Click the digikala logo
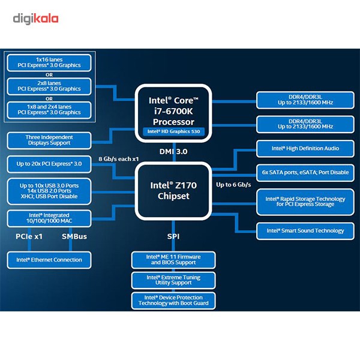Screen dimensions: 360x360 coord(36,19)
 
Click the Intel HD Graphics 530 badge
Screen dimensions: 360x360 coord(173,130)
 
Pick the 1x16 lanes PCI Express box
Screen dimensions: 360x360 coord(49,63)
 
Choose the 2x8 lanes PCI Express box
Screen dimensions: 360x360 coord(49,86)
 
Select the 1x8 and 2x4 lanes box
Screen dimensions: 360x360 coord(49,109)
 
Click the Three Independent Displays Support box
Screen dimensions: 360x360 coord(49,140)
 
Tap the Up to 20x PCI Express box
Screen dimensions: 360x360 coord(49,163)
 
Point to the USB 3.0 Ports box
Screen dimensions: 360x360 coord(49,191)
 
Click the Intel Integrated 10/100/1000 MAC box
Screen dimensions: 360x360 coord(49,218)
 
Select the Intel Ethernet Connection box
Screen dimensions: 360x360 coord(49,260)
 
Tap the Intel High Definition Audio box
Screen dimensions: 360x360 coord(305,148)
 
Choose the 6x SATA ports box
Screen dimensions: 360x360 coord(305,172)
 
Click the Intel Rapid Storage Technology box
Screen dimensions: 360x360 coord(305,202)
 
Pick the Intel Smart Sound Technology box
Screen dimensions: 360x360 coord(305,230)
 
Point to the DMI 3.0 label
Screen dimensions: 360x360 coord(173,152)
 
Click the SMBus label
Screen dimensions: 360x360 coord(74,236)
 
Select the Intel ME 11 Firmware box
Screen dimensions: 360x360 coord(173,260)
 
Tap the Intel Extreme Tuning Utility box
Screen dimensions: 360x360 coord(173,280)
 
